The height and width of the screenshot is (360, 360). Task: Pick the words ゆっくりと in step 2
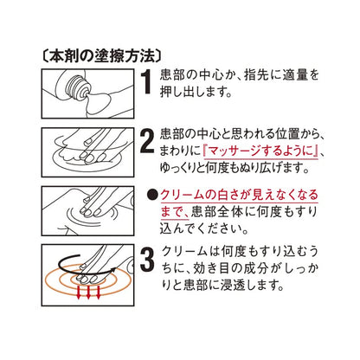pos(184,169)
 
